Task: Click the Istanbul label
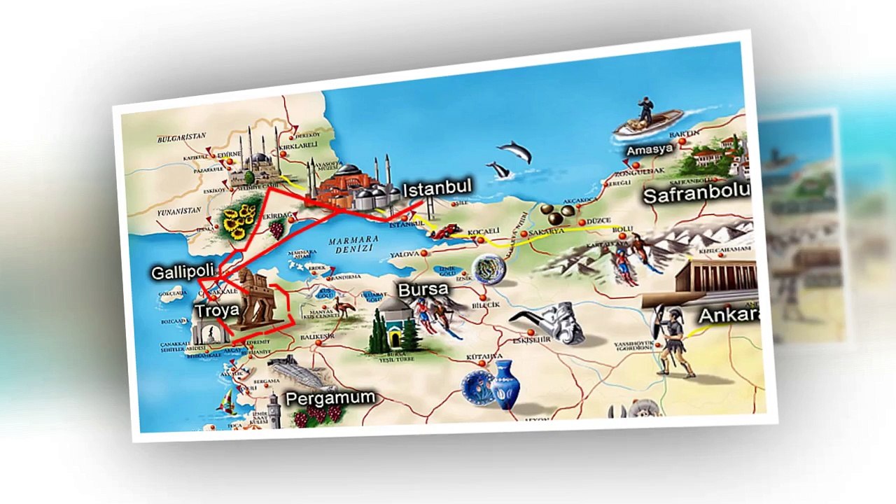(x=437, y=188)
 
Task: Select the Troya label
(x=217, y=310)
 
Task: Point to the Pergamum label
(x=330, y=398)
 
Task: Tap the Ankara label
(x=729, y=315)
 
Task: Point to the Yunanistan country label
(x=179, y=209)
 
